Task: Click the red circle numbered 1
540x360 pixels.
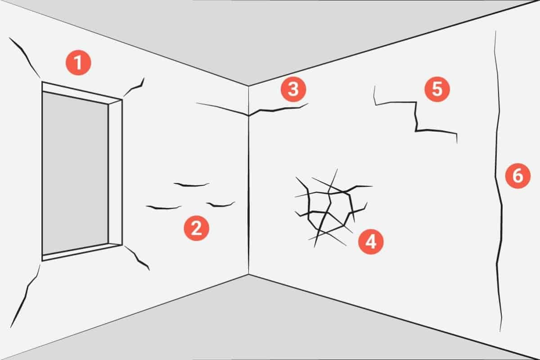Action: pyautogui.click(x=78, y=63)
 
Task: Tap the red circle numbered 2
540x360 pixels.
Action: pyautogui.click(x=197, y=228)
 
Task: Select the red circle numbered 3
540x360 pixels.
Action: pyautogui.click(x=293, y=89)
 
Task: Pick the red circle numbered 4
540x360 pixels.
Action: pyautogui.click(x=371, y=242)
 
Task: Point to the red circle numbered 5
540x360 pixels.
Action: pyautogui.click(x=437, y=89)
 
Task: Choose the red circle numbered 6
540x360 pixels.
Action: pyautogui.click(x=518, y=176)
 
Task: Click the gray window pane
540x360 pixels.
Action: pyautogui.click(x=75, y=173)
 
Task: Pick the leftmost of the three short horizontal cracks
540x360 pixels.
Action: pyautogui.click(x=164, y=207)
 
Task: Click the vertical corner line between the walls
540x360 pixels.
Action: pyautogui.click(x=248, y=180)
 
